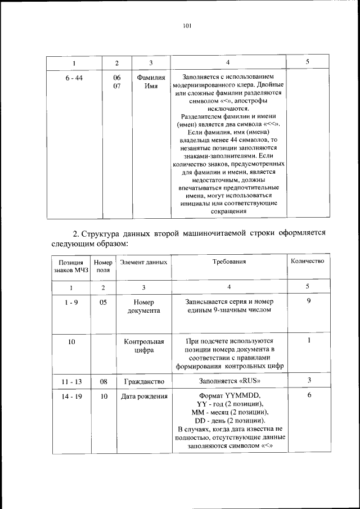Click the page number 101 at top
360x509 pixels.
(187, 25)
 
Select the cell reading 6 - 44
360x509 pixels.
(74, 78)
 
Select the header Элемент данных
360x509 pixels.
(143, 262)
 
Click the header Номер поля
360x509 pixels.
(103, 266)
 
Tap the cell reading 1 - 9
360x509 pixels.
(71, 301)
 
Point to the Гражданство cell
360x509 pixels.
(143, 381)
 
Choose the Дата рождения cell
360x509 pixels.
(143, 397)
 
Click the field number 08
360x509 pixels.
(103, 381)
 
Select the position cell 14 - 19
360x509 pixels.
(71, 397)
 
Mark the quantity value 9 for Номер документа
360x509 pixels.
(309, 301)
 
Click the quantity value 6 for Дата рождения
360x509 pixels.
(309, 397)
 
